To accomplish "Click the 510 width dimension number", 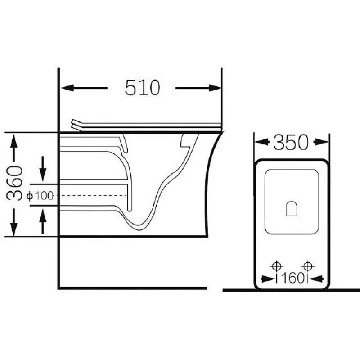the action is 142,88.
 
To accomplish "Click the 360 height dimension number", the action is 15,183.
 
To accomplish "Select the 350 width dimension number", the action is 291,143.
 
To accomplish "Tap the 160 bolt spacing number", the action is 292,278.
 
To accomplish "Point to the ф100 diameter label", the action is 40,196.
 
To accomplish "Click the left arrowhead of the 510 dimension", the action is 67,88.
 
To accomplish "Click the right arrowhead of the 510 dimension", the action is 216,88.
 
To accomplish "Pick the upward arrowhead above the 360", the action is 14,142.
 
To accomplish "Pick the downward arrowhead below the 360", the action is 14,229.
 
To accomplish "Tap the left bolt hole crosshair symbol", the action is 276,266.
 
